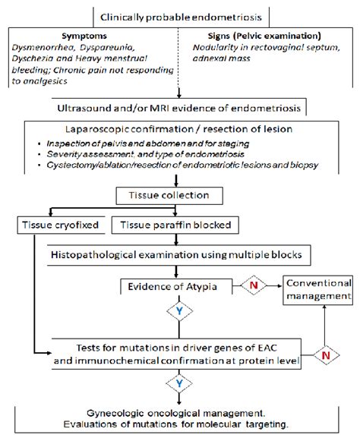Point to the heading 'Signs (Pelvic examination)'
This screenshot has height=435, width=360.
(x=258, y=35)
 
